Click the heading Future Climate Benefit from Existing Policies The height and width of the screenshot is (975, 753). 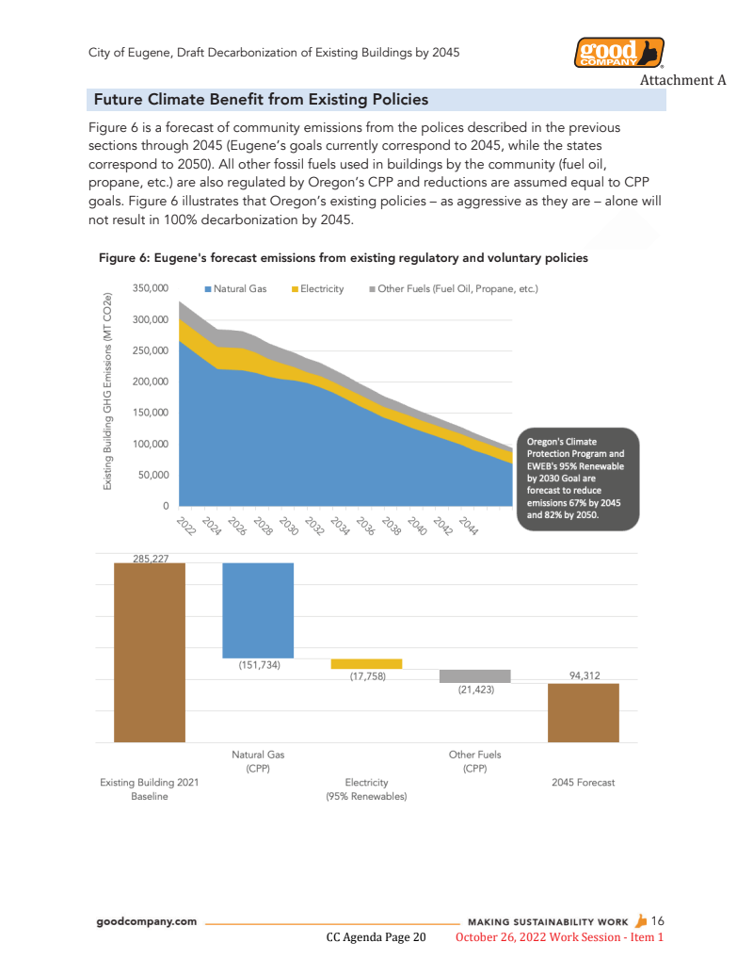tap(262, 100)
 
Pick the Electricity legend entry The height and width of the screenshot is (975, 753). tap(321, 288)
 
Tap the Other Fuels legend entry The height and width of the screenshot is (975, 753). tap(456, 288)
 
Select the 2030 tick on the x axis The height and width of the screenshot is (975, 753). tap(288, 527)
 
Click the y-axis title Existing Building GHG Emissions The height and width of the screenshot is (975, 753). tap(108, 391)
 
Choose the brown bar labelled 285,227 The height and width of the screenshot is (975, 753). tap(149, 652)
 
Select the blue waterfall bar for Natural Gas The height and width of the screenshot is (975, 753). tap(258, 610)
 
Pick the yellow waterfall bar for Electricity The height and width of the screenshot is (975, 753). tap(366, 664)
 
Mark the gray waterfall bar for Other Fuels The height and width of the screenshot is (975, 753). tap(474, 675)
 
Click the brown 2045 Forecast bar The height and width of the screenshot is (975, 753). tap(583, 712)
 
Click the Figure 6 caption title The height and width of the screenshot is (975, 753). tap(344, 258)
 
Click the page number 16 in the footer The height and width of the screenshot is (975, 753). tap(658, 921)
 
